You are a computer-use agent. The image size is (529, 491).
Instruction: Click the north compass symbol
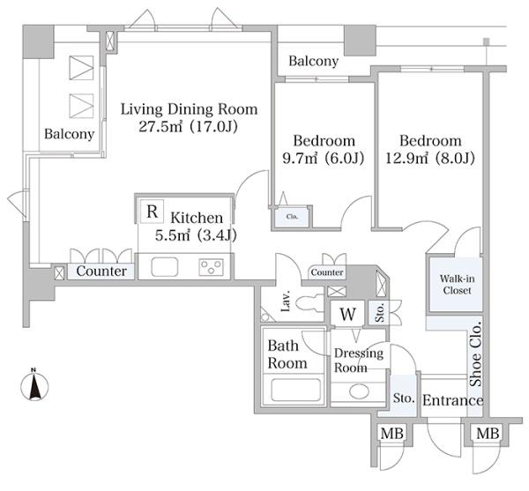[x=34, y=384]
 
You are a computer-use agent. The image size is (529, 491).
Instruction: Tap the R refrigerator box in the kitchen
[x=152, y=212]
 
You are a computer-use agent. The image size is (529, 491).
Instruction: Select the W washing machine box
[x=347, y=313]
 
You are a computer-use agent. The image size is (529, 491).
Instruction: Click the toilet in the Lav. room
[x=309, y=302]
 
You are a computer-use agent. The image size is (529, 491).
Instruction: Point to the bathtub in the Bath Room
[x=295, y=390]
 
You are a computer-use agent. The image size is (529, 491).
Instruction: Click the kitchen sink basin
[x=164, y=267]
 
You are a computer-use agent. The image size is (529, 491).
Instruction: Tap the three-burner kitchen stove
[x=212, y=267]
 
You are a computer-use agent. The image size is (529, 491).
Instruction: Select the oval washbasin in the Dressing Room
[x=359, y=391]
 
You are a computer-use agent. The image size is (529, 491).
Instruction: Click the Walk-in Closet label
[x=457, y=284]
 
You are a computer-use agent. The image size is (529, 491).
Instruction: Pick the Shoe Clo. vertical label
[x=476, y=353]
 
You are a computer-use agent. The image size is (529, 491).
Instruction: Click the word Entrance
[x=453, y=400]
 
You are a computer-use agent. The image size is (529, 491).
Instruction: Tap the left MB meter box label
[x=391, y=433]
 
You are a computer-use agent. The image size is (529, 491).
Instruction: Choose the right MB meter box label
[x=488, y=433]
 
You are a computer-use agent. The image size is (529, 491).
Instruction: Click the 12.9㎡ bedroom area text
[x=406, y=158]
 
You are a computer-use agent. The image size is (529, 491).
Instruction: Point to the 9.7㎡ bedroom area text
[x=300, y=158]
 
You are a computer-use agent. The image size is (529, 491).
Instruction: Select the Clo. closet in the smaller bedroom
[x=292, y=217]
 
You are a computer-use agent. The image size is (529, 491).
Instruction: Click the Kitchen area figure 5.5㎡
[x=172, y=235]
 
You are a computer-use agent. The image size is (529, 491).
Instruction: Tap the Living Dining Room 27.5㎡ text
[x=160, y=126]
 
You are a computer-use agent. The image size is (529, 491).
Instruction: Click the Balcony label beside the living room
[x=69, y=134]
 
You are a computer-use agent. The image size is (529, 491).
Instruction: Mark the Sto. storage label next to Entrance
[x=404, y=398]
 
